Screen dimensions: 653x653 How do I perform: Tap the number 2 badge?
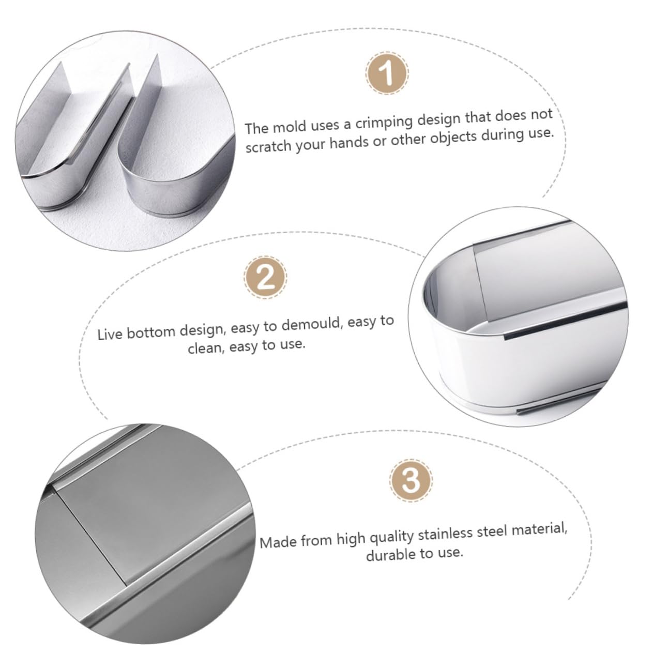click(265, 278)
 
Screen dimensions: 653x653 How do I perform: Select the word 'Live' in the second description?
click(110, 334)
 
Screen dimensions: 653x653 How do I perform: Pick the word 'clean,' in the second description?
click(206, 348)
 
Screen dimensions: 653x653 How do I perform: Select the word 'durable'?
click(391, 555)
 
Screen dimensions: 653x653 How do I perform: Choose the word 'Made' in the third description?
click(278, 542)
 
